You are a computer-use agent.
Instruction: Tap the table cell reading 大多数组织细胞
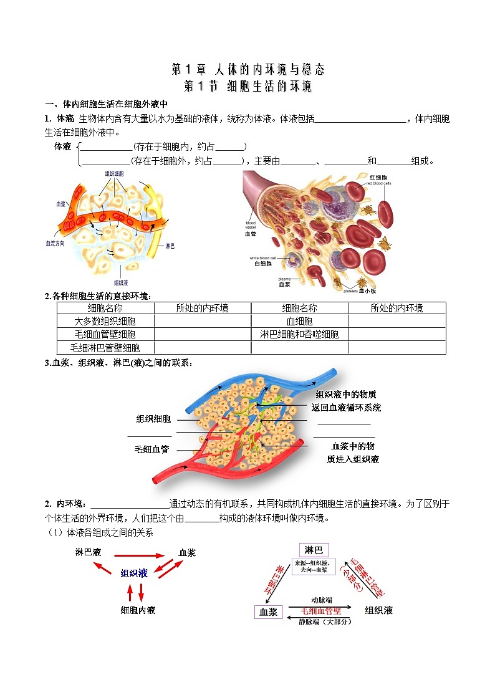coord(105,321)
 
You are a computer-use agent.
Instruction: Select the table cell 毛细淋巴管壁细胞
coord(105,348)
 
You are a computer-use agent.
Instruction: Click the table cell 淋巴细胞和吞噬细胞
coord(299,335)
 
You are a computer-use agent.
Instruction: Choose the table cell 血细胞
coord(299,321)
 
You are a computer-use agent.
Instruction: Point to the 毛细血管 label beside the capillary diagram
coord(151,449)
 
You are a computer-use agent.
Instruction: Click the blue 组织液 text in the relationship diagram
coord(134,573)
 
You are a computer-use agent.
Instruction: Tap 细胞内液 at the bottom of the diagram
coord(138,610)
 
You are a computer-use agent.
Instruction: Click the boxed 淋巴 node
coord(314,550)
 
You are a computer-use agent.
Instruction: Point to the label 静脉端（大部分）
coord(325,622)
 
